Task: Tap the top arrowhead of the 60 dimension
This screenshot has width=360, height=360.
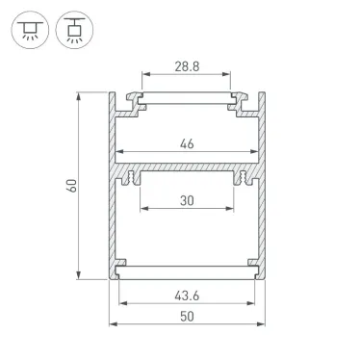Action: (x=80, y=95)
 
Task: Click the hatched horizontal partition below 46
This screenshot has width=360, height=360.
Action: (x=187, y=170)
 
